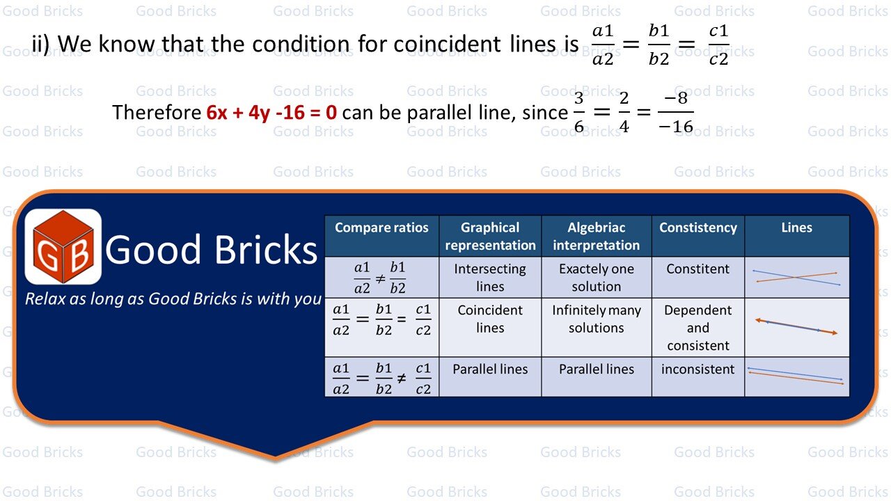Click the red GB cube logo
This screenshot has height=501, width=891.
pos(63,246)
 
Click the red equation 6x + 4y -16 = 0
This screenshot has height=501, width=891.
pos(271,112)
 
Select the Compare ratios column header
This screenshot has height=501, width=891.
pos(381,228)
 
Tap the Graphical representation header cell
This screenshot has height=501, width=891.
pos(490,236)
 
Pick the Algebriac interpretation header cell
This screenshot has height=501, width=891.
pos(596,236)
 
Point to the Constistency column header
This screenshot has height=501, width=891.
pos(697,228)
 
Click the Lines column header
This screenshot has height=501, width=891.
pos(796,228)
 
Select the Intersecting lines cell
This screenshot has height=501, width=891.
pos(490,277)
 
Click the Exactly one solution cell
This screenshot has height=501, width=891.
pos(596,277)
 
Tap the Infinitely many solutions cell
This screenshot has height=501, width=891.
pos(596,319)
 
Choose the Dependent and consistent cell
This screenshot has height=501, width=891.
pos(697,328)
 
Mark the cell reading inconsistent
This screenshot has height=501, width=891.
pos(697,369)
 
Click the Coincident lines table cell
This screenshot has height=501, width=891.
pos(490,319)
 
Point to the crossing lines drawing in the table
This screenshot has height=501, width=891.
pos(796,277)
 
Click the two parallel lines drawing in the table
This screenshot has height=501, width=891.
pos(796,376)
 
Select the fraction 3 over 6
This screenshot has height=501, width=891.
pos(579,113)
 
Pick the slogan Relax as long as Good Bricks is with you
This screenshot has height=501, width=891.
pos(173,299)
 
